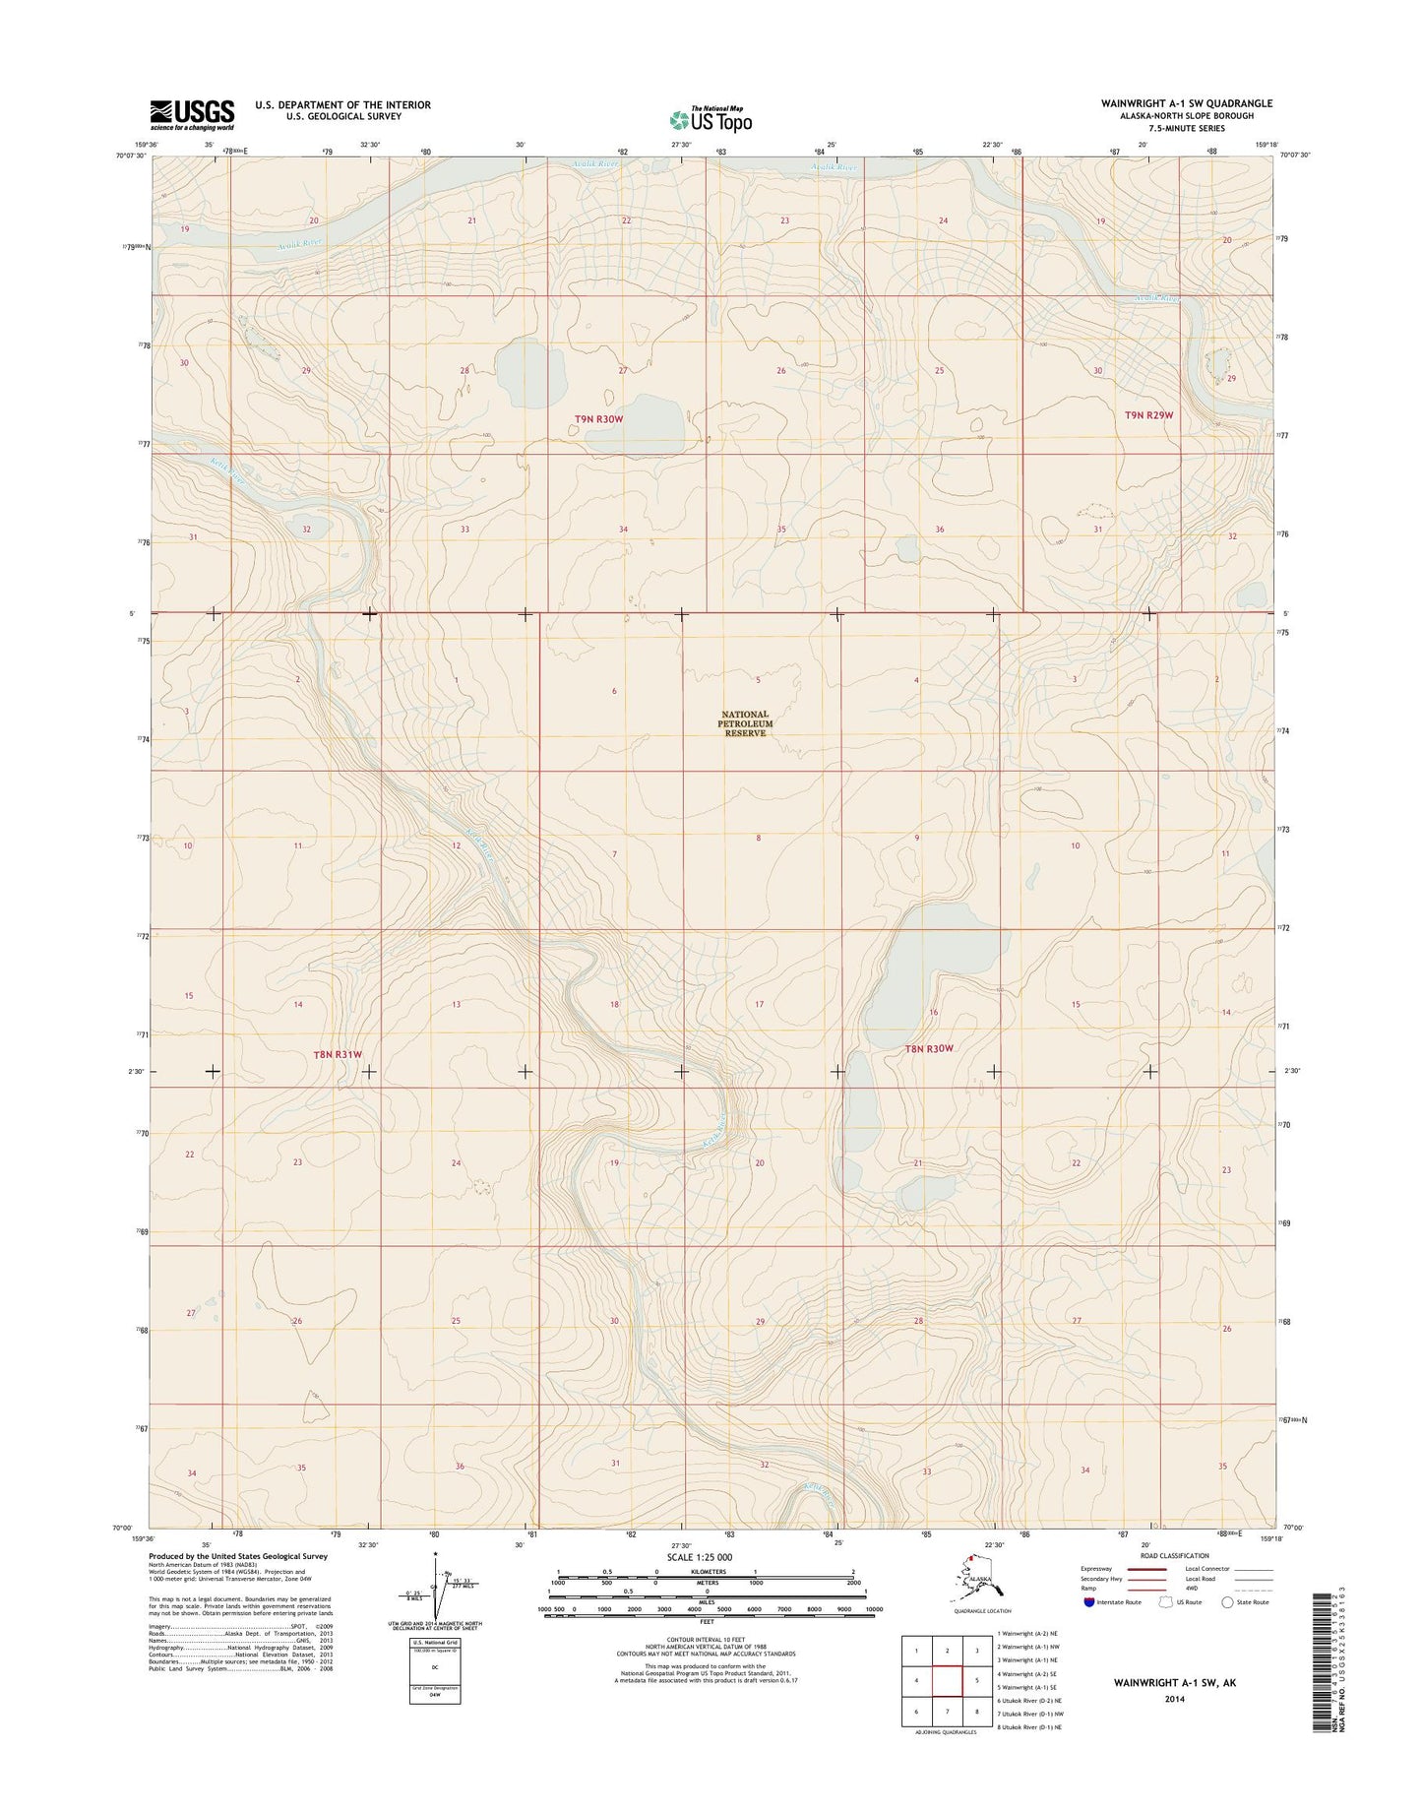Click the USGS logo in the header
[192, 114]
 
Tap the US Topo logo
[711, 119]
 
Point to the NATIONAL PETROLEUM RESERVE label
[744, 723]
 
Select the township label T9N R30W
[599, 419]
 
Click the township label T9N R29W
[1148, 415]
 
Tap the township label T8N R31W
[338, 1054]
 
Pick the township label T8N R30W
[929, 1049]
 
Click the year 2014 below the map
[1174, 1698]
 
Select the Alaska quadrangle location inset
[980, 1588]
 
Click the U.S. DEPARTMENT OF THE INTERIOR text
[342, 104]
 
